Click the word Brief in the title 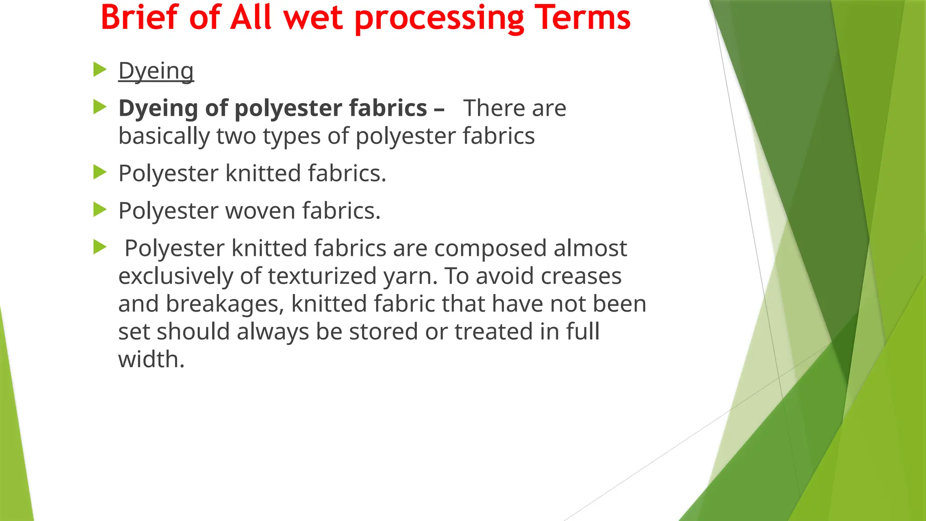139,18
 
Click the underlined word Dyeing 156,71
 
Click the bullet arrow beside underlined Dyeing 99,70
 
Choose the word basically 164,136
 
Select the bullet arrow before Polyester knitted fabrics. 99,172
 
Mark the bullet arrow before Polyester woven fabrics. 99,210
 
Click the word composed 490,249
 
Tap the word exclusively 175,276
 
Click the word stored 384,332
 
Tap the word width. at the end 151,360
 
